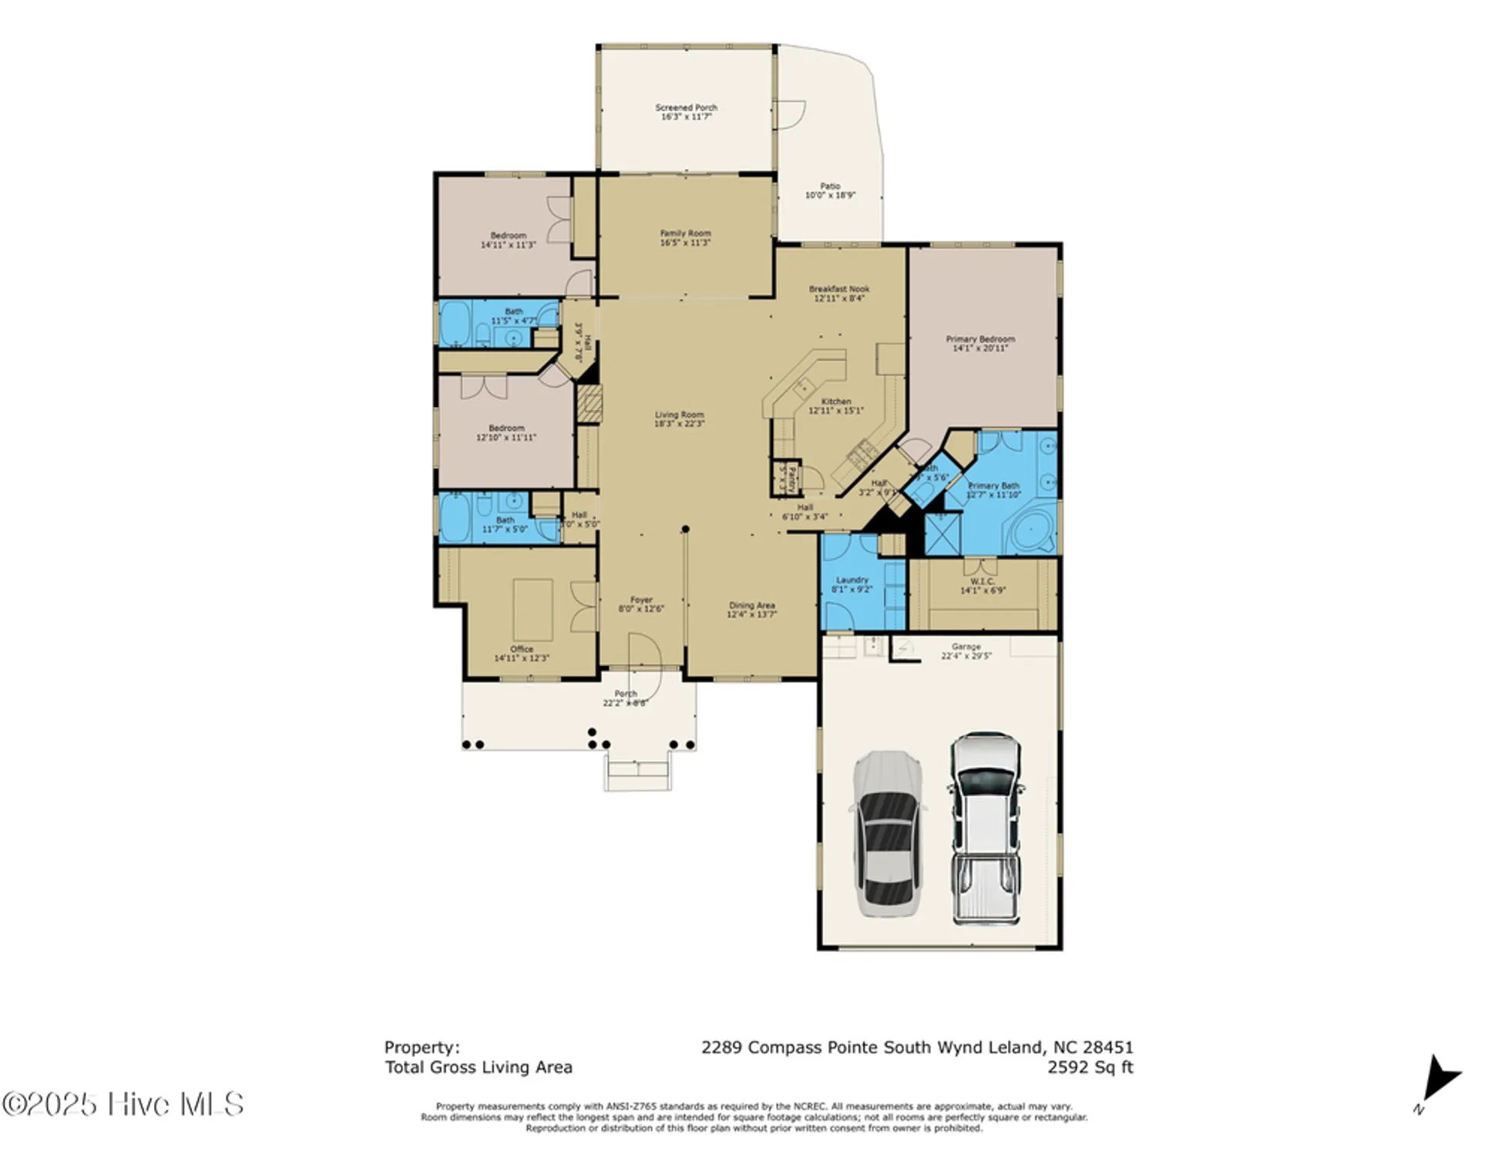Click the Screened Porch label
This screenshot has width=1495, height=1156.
coord(685,108)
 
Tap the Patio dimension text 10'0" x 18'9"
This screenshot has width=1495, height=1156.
coord(829,196)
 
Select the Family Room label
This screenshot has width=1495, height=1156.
coord(684,233)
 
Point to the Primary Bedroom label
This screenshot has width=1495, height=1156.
coord(979,339)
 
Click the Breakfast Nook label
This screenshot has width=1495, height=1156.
coord(838,289)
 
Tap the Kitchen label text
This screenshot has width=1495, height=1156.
coord(835,402)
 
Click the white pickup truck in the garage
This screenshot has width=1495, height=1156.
coord(986,828)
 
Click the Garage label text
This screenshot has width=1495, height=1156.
coord(965,647)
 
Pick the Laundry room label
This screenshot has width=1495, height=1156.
coord(852,580)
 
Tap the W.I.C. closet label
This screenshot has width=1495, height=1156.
coord(982,581)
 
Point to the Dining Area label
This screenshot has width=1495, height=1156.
coord(751,605)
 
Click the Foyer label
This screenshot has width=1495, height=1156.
coord(641,599)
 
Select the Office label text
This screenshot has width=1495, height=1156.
coord(521,649)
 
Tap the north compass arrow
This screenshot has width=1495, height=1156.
coord(1437,1079)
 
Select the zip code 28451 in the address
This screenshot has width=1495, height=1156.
coord(1107,1047)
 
